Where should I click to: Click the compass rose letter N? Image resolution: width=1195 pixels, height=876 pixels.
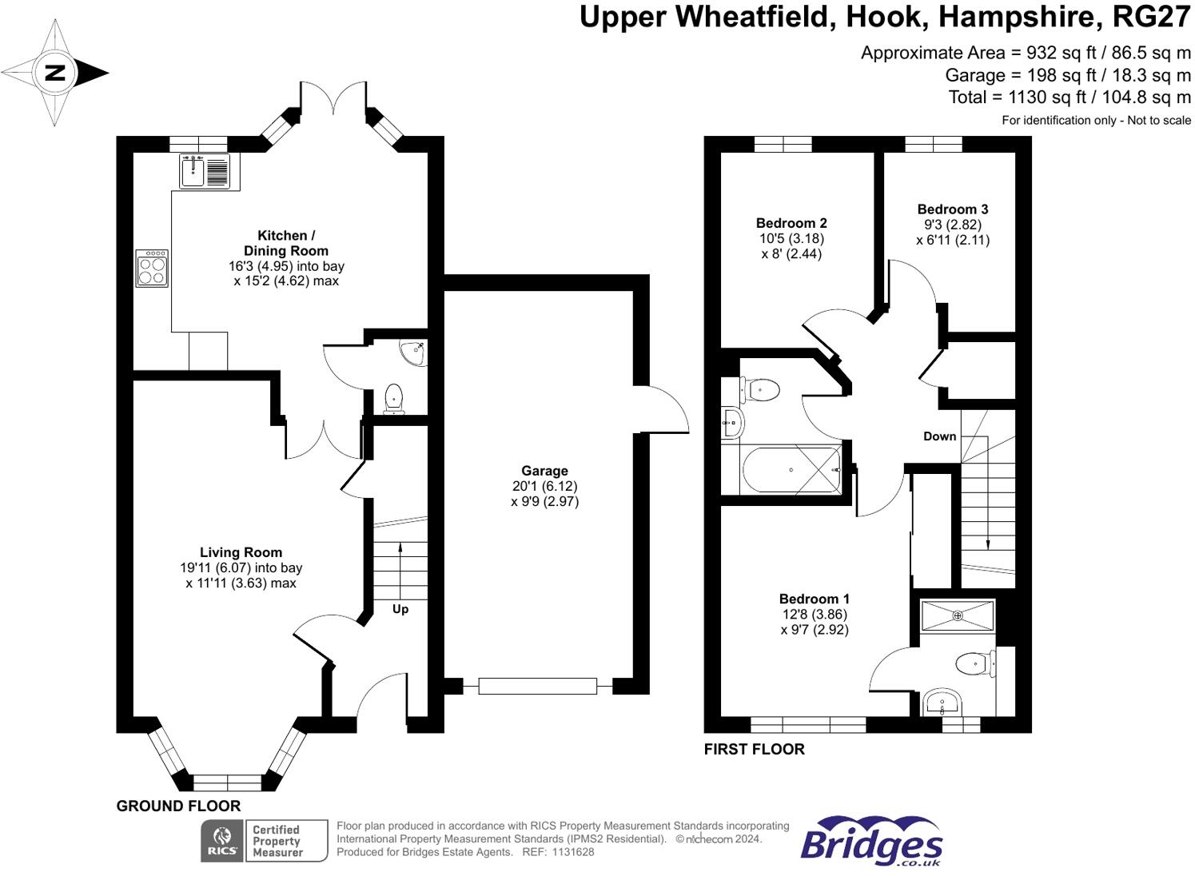54,74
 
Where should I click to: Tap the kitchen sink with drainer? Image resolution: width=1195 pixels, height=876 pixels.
205,171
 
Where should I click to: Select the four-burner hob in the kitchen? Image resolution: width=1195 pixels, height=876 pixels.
152,269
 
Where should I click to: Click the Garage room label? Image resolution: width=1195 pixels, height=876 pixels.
544,471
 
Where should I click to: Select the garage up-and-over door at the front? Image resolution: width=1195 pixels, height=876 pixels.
537,686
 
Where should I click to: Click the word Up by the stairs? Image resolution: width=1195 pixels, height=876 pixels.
400,609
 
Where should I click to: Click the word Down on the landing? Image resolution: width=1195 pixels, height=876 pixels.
939,436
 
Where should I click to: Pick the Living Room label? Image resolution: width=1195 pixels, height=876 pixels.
241,552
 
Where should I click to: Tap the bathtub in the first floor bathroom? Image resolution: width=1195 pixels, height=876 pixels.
791,471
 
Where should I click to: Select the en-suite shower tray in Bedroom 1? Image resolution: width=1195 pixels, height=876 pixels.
958,615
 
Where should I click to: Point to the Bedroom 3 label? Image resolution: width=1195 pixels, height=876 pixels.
953,209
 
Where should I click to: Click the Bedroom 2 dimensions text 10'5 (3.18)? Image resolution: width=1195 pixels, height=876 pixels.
791,238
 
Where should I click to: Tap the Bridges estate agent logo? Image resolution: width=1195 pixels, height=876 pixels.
871,842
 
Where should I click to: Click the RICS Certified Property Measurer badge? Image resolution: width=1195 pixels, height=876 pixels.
265,841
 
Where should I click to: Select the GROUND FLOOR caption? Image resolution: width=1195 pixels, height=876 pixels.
178,806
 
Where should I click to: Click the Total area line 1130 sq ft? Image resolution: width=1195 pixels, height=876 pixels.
1070,98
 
